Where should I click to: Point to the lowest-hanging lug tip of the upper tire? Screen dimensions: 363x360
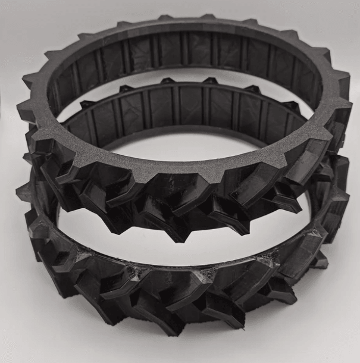179,238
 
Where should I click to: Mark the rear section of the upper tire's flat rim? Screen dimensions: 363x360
179,24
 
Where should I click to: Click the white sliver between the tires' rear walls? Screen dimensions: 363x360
179,77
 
